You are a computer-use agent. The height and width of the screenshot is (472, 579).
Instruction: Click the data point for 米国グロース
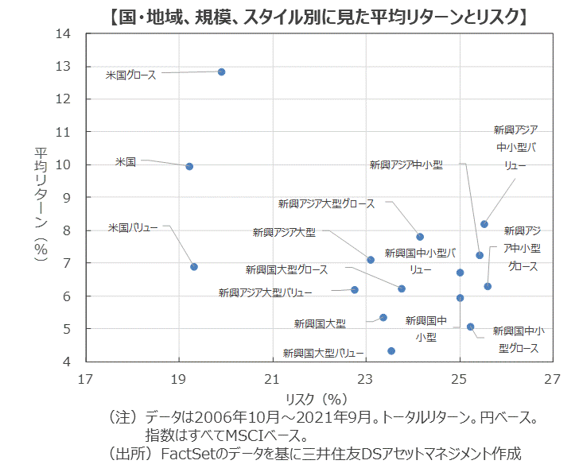pos(221,72)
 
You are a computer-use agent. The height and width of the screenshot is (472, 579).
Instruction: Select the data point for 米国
pos(189,166)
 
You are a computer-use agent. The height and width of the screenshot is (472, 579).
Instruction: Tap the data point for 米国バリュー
pos(194,267)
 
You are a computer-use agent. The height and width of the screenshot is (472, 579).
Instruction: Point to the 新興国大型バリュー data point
pos(391,350)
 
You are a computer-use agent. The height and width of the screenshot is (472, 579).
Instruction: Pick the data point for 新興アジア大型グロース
pos(420,237)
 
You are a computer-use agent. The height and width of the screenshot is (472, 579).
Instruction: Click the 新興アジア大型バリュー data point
pos(355,290)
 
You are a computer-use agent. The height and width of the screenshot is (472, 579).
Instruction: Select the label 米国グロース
pos(131,75)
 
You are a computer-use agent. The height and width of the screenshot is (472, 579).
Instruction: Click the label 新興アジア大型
pos(284,232)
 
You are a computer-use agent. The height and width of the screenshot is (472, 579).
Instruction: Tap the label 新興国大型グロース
pos(286,270)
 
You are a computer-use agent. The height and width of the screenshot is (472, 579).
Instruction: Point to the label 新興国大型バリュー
pos(323,353)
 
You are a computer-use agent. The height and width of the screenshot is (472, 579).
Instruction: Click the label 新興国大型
pos(320,323)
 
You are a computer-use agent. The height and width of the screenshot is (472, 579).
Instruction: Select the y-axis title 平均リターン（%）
pos(41,199)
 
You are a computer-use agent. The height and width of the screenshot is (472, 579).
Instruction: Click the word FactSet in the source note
pos(185,455)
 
